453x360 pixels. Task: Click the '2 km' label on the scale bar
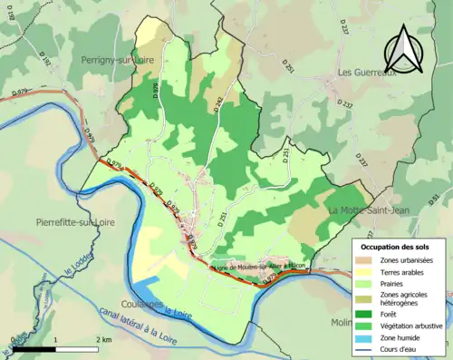[x=103, y=338]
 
